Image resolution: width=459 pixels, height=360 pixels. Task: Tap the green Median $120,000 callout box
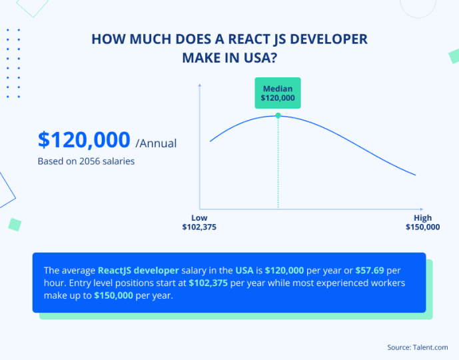(278, 93)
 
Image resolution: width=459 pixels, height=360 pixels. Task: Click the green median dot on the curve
(278, 115)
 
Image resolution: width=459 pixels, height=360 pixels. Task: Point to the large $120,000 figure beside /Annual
(84, 140)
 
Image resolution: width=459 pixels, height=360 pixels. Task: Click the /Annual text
(156, 142)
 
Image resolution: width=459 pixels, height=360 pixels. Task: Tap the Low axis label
(199, 218)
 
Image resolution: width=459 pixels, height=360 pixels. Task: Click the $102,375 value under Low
(199, 227)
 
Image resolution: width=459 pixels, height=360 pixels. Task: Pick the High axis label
(422, 218)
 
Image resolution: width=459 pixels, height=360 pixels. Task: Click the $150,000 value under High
(422, 227)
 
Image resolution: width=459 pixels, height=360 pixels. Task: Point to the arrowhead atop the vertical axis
(199, 85)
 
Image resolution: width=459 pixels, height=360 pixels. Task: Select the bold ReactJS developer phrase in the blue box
(139, 271)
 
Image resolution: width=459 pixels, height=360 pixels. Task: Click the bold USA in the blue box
(244, 271)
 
